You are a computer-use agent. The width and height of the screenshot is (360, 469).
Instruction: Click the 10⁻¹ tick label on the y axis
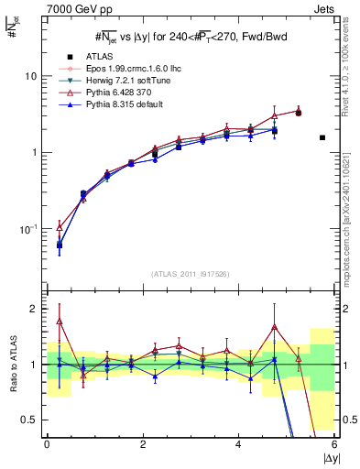tap(31, 228)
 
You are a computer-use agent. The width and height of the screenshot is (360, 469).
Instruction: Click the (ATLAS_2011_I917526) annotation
tap(189, 274)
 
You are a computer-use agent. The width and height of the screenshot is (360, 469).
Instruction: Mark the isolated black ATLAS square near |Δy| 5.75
tap(322, 137)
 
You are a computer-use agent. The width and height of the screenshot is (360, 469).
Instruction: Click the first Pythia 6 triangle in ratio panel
tap(60, 321)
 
